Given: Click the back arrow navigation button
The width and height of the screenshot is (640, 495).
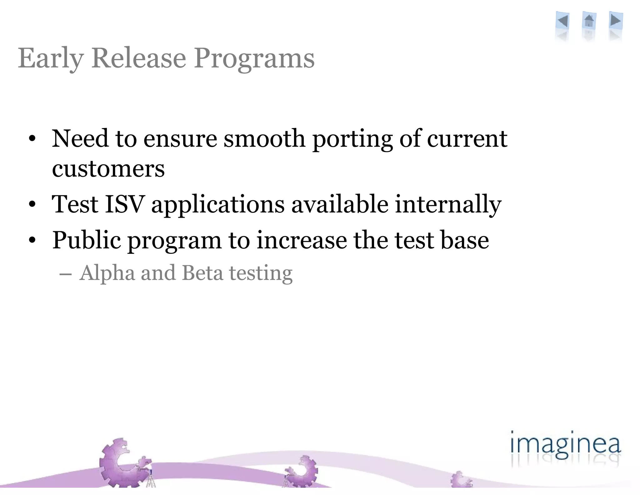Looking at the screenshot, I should point(563,21).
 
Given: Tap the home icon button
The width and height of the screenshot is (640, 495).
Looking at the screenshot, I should point(589,21).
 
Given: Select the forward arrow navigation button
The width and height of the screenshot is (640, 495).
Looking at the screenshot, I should point(616,21).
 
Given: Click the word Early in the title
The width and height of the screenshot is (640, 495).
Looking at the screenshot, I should point(51,59).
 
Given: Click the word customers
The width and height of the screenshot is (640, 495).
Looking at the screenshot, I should point(108,169).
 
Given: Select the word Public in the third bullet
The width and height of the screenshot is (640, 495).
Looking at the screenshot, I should point(87,240).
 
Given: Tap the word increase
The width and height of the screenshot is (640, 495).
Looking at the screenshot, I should point(302,240).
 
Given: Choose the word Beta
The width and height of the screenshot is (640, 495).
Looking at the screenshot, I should point(202,273).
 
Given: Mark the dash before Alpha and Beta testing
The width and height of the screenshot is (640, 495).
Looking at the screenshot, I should point(66,275).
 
